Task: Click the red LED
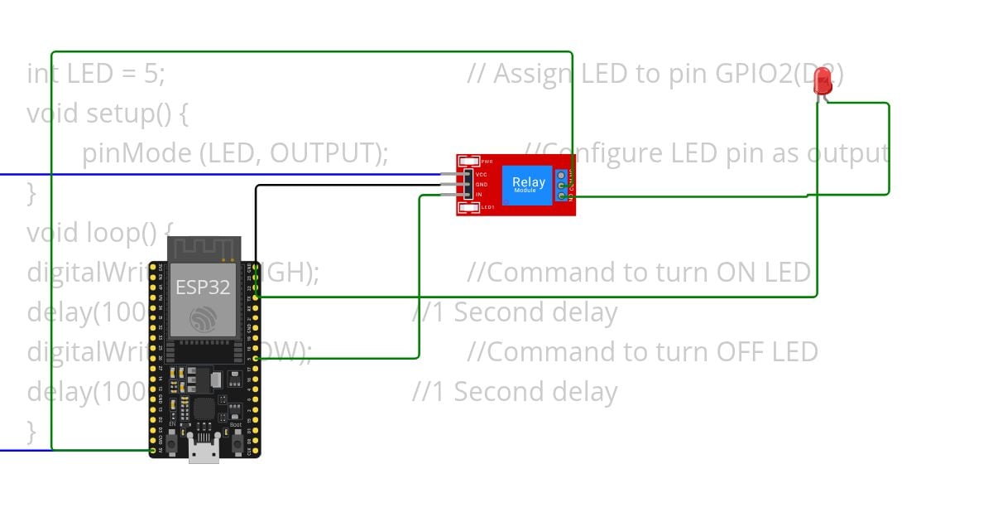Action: pyautogui.click(x=823, y=81)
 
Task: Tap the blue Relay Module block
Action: pyautogui.click(x=527, y=185)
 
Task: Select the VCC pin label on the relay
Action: pyautogui.click(x=481, y=175)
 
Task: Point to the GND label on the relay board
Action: pyautogui.click(x=481, y=185)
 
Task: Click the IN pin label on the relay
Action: pyautogui.click(x=479, y=195)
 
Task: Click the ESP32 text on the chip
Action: pyautogui.click(x=203, y=288)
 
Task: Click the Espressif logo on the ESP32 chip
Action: pyautogui.click(x=204, y=320)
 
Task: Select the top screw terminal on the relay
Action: pyautogui.click(x=562, y=175)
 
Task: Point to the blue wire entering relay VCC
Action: pyautogui.click(x=248, y=175)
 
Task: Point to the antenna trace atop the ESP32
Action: pyautogui.click(x=204, y=248)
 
